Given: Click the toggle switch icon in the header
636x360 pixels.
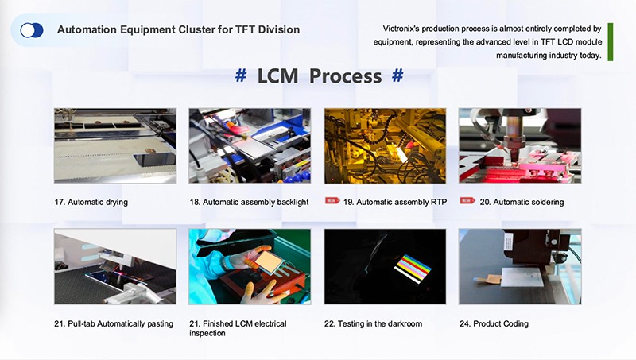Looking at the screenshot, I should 32,30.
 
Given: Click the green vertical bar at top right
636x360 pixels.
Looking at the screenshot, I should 610,41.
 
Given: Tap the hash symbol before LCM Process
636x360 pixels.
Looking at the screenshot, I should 241,76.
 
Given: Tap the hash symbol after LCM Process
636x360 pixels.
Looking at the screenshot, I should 398,76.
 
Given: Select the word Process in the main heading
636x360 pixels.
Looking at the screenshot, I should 345,76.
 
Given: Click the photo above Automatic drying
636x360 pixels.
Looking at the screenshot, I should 114,145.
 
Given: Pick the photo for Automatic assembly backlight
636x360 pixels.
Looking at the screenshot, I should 250,145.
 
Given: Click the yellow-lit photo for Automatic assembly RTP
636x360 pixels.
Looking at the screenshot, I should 385,145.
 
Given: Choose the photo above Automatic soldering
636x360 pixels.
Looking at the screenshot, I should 520,145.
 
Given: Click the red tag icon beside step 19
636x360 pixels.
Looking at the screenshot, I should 332,202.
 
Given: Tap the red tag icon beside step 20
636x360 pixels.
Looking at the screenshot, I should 467,202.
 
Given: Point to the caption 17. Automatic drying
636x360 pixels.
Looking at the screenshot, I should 91,203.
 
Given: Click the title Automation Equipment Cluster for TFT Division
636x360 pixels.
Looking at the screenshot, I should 178,30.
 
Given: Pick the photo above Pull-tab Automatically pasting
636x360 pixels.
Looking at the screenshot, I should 114,266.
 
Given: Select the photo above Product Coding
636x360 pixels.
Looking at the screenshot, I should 520,266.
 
